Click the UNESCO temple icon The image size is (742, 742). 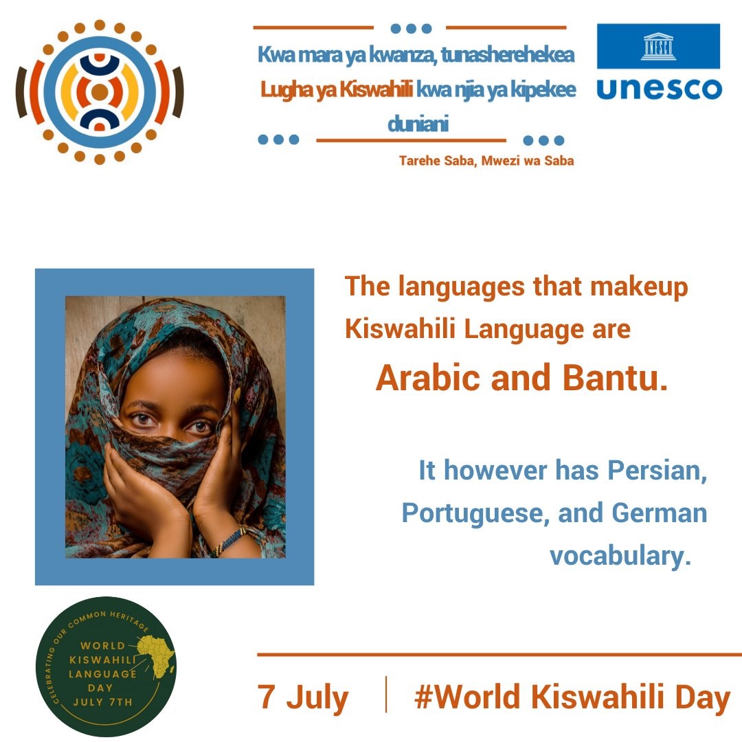click(658, 47)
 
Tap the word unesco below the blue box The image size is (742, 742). click(659, 89)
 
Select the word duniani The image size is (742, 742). click(418, 124)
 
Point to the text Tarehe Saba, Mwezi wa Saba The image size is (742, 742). click(486, 161)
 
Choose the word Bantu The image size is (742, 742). click(615, 378)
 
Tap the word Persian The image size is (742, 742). click(657, 471)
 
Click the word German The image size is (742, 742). click(659, 513)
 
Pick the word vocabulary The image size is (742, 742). click(620, 556)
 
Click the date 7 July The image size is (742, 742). click(303, 698)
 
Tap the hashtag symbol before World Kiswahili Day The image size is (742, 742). click(424, 697)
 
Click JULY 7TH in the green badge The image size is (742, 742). click(102, 702)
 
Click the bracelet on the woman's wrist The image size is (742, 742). click(230, 542)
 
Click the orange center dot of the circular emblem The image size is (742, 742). click(100, 92)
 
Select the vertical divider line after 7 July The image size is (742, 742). click(386, 694)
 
